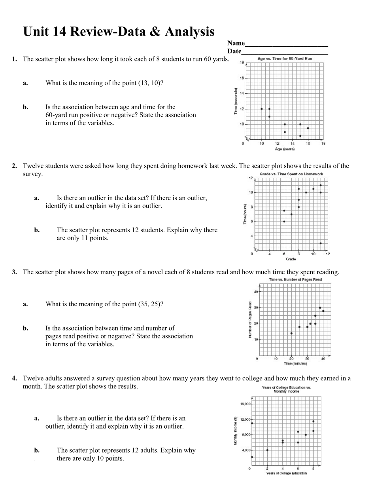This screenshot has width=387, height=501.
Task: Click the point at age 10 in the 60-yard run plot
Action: [x=262, y=109]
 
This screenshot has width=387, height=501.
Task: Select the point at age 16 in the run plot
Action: [x=308, y=128]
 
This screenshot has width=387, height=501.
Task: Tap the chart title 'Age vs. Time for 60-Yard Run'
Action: [x=285, y=59]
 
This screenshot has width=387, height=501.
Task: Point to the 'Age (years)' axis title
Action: [x=285, y=149]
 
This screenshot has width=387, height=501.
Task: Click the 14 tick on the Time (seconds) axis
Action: [x=242, y=93]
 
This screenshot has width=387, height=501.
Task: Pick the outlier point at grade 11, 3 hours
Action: [x=321, y=243]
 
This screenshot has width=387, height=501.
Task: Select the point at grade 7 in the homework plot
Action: [x=291, y=214]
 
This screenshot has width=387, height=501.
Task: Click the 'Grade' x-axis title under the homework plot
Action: [x=291, y=259]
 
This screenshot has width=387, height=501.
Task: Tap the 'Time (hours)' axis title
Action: [x=245, y=214]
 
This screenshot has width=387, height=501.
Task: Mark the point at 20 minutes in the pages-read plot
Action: [x=291, y=333]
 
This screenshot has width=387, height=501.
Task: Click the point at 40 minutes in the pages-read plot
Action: [x=323, y=311]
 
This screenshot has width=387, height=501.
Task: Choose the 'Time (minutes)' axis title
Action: [x=295, y=363]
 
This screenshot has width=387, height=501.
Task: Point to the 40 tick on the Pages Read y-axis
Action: [x=256, y=292]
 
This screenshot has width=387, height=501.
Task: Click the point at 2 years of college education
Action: [x=268, y=450]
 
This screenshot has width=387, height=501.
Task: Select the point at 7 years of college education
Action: [x=306, y=435]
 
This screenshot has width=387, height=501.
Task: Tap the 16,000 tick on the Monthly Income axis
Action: [x=245, y=404]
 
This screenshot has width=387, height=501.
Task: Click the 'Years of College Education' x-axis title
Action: [x=286, y=473]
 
